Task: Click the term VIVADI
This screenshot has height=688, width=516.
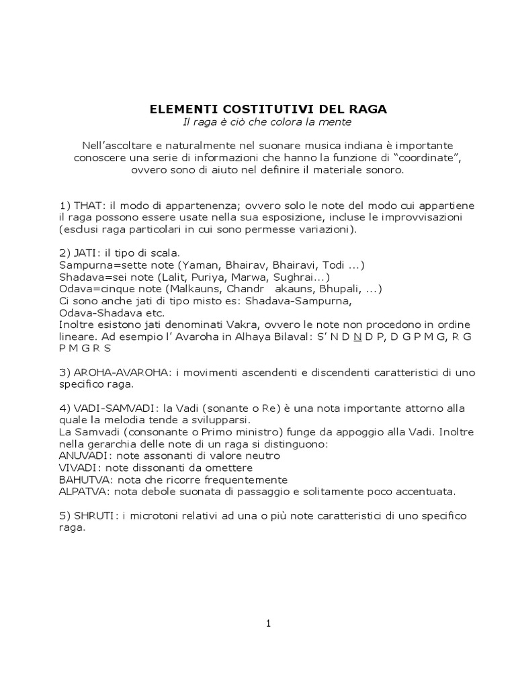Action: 77,468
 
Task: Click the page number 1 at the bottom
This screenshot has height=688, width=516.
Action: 268,623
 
